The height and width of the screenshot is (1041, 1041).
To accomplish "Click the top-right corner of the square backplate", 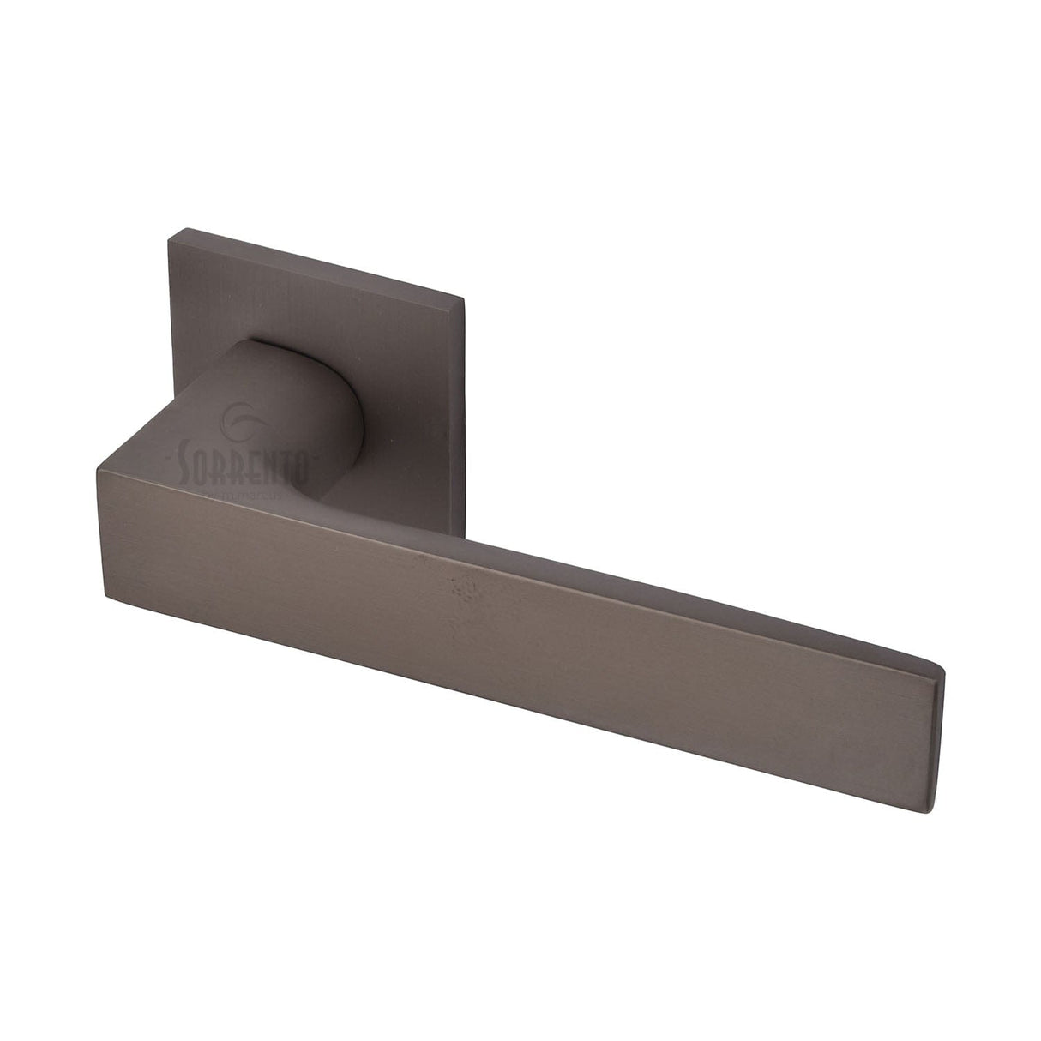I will click(463, 299).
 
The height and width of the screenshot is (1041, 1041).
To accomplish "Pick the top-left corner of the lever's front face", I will click(99, 468).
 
